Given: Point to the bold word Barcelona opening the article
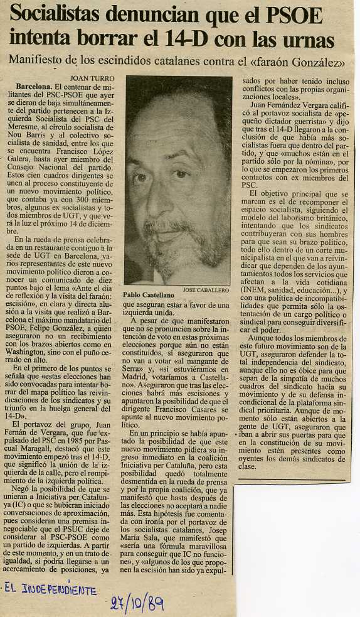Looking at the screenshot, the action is coord(34,85).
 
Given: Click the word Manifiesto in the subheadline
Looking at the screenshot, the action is coord(36,61).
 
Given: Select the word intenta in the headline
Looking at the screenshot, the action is coord(38,40).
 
